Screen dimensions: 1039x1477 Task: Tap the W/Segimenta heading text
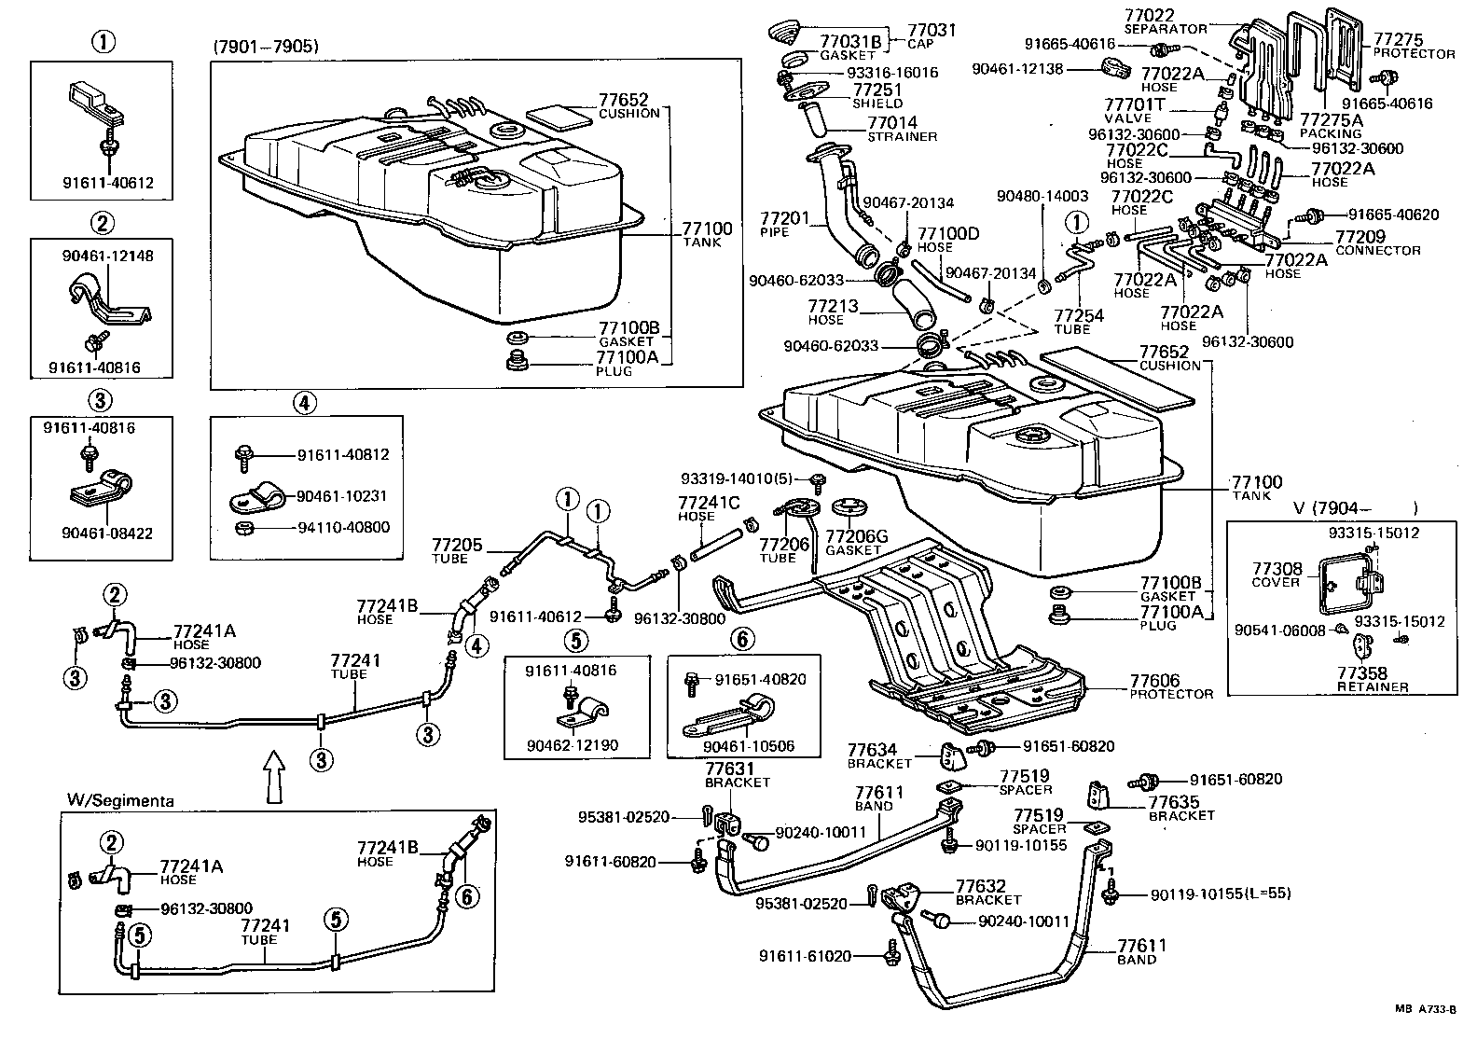click(120, 799)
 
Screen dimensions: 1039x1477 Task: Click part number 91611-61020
click(805, 956)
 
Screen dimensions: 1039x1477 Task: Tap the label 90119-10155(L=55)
click(1221, 893)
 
